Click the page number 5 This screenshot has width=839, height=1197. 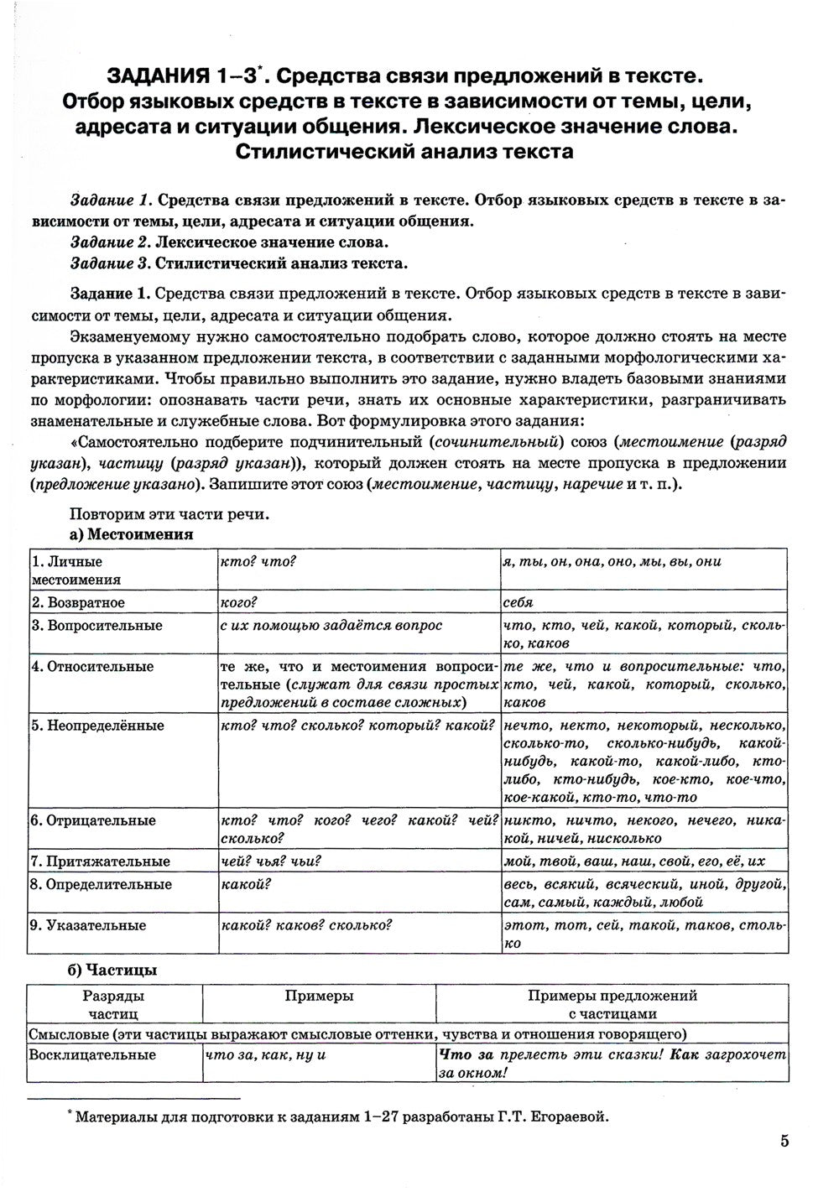784,1141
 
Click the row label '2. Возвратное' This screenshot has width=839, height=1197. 78,602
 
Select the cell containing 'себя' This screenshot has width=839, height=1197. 519,602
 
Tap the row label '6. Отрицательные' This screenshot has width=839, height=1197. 93,820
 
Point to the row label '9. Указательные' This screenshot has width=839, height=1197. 88,925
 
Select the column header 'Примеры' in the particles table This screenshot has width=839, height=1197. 319,996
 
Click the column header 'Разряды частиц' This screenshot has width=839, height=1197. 113,1004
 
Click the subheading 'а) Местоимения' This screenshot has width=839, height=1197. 130,533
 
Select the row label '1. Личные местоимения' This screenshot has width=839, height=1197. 76,570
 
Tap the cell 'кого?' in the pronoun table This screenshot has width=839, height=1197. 237,602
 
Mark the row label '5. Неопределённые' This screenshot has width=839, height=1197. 97,726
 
